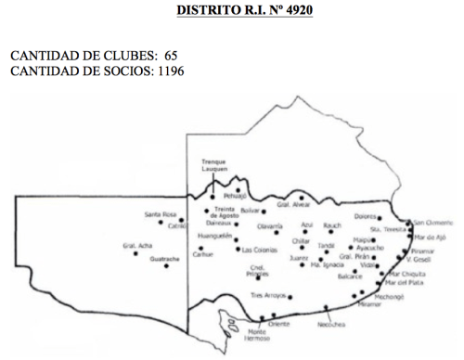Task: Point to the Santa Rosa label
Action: point(159,214)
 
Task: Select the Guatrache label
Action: point(164,260)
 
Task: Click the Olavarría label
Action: point(269,225)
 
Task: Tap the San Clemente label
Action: point(433,223)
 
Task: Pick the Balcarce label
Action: point(350,276)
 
